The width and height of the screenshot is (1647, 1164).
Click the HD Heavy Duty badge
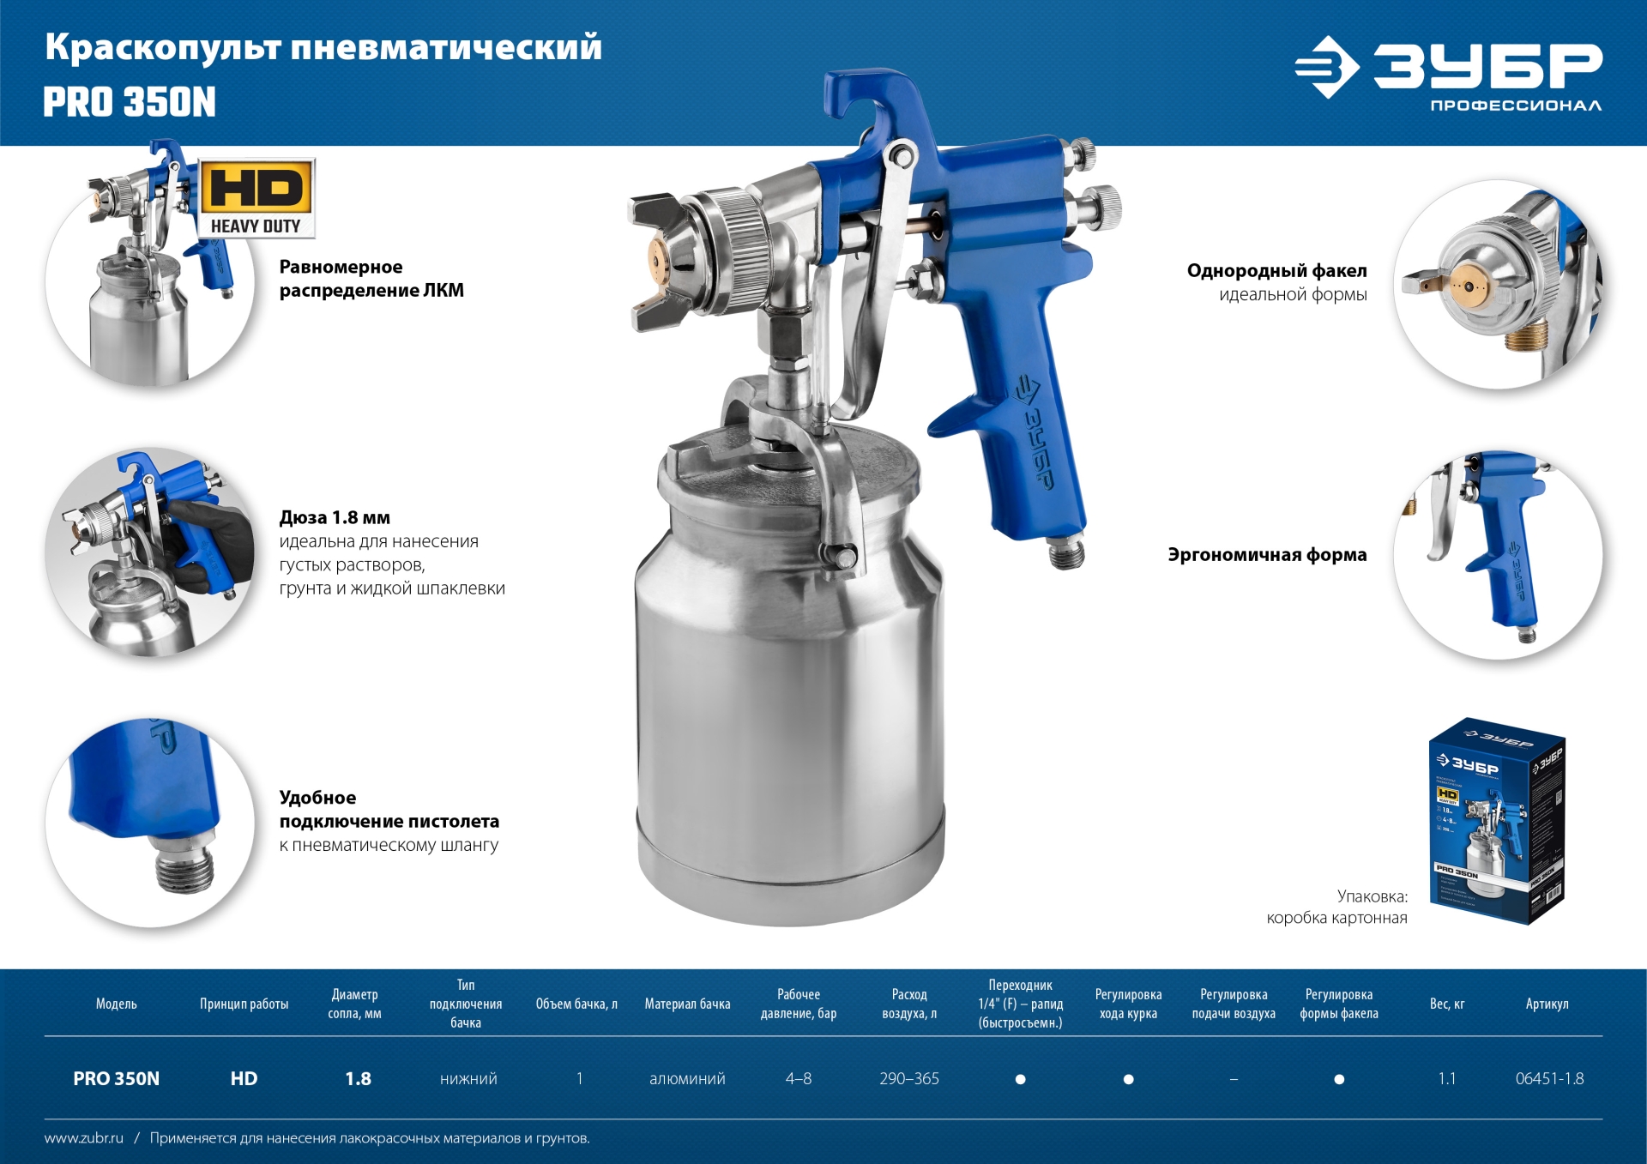(x=257, y=198)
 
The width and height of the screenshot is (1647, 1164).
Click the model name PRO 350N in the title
(x=130, y=102)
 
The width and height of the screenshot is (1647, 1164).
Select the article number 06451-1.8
(x=1549, y=1078)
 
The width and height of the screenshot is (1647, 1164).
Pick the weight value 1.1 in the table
(x=1446, y=1078)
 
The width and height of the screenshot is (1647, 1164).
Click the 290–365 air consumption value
(x=909, y=1078)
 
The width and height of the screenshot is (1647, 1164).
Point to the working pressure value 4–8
(x=798, y=1078)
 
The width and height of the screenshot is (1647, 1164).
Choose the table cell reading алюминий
(x=687, y=1078)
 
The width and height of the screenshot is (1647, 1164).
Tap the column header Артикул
(x=1547, y=1004)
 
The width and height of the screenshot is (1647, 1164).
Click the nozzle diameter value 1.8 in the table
(x=358, y=1078)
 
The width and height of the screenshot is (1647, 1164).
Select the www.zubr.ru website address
(x=84, y=1138)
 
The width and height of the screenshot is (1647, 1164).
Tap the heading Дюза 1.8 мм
(x=335, y=517)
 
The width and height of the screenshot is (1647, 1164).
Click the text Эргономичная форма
(x=1267, y=554)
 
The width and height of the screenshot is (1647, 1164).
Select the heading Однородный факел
(x=1276, y=270)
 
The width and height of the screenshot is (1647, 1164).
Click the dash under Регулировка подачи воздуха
(x=1234, y=1079)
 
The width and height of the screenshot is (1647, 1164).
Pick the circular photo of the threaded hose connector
(x=151, y=822)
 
